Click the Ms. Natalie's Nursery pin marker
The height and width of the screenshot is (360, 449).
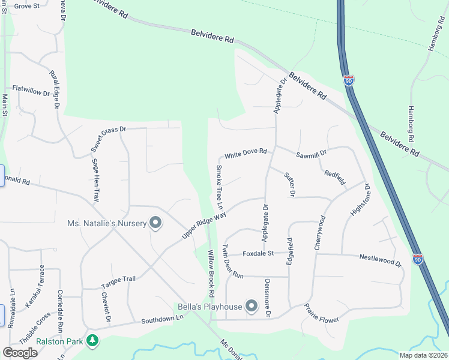[155, 224]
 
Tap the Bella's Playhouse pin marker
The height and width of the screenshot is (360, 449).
[252, 307]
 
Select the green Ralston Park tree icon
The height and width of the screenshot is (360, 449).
[92, 341]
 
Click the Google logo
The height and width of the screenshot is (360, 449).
[20, 353]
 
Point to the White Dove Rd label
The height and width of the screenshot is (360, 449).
[246, 153]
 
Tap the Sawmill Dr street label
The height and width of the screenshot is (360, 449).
[311, 154]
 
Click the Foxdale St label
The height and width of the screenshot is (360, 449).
[258, 254]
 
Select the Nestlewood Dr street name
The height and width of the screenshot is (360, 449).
[380, 260]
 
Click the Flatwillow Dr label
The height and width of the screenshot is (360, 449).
[31, 92]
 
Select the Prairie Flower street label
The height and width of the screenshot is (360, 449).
[322, 311]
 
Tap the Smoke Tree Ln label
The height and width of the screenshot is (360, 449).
[220, 187]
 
